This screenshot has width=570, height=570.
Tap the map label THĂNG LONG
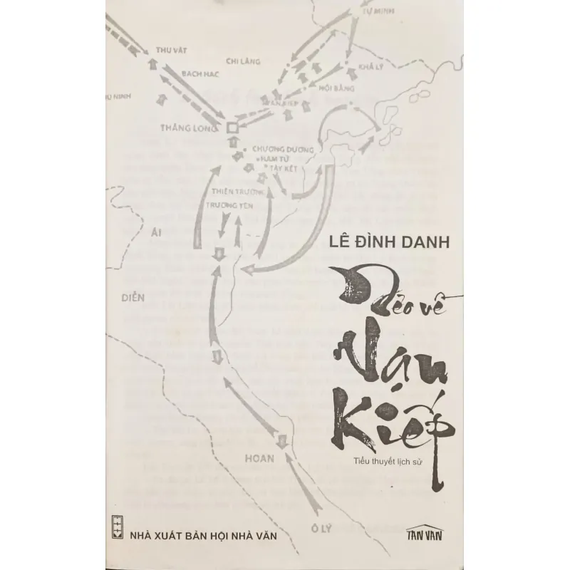tap(186, 128)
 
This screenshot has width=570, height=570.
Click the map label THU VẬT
tap(170, 51)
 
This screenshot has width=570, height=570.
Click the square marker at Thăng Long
tap(231, 129)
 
